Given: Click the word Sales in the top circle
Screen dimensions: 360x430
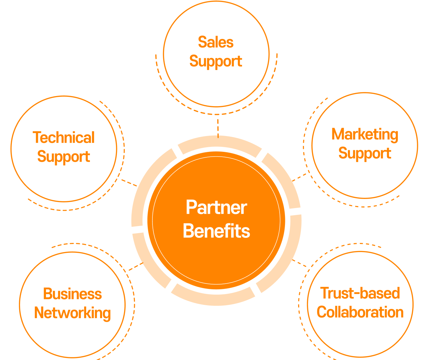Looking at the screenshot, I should pyautogui.click(x=216, y=43).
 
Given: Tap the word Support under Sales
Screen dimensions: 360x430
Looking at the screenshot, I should pyautogui.click(x=216, y=62).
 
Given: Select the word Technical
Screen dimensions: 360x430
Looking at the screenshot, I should pyautogui.click(x=64, y=138).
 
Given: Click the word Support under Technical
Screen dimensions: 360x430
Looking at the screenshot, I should pyautogui.click(x=64, y=157).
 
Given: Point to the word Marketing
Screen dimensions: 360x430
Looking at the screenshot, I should pyautogui.click(x=365, y=135).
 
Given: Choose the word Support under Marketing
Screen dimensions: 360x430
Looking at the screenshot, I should pyautogui.click(x=365, y=153).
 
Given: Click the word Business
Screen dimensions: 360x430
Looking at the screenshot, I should pyautogui.click(x=72, y=294).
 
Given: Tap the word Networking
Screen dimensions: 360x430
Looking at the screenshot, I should pyautogui.click(x=72, y=313).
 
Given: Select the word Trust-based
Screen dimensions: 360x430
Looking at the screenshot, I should pyautogui.click(x=360, y=293).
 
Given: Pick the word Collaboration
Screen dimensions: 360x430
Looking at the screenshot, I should pyautogui.click(x=360, y=312).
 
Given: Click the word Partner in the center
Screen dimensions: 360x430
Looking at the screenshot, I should pyautogui.click(x=216, y=207).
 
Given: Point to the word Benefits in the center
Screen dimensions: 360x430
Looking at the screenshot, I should pyautogui.click(x=216, y=231).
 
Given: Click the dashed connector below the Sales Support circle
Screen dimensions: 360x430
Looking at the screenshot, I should pyautogui.click(x=218, y=126).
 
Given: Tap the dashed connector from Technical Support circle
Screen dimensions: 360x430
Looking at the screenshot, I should pyautogui.click(x=129, y=183).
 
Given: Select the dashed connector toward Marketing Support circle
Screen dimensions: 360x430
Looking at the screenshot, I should pyautogui.click(x=300, y=177).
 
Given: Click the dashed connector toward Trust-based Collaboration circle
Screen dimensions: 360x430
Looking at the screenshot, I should pyautogui.click(x=300, y=263).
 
